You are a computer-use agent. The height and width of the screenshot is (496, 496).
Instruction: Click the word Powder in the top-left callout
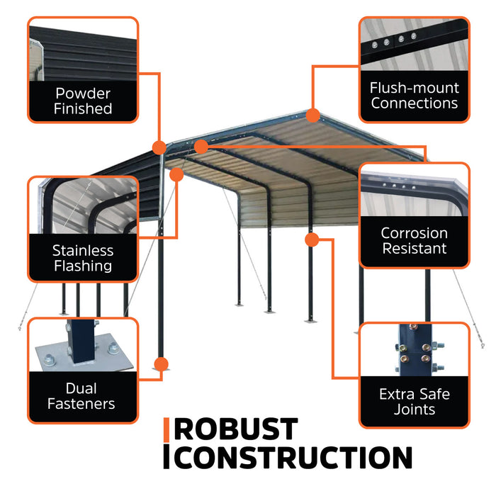pyautogui.click(x=83, y=93)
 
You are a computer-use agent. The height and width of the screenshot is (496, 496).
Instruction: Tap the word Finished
pyautogui.click(x=83, y=108)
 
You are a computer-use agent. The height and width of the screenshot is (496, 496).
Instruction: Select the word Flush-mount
pyautogui.click(x=415, y=88)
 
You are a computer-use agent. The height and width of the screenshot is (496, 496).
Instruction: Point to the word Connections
pyautogui.click(x=415, y=103)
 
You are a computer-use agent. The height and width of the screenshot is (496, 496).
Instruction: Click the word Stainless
pyautogui.click(x=83, y=250)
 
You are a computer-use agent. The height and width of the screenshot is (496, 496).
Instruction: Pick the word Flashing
pyautogui.click(x=83, y=266)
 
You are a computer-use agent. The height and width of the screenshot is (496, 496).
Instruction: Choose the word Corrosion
pyautogui.click(x=415, y=233)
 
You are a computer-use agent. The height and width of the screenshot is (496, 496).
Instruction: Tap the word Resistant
pyautogui.click(x=415, y=249)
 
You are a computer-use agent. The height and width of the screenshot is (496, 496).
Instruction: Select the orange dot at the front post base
pyautogui.click(x=161, y=365)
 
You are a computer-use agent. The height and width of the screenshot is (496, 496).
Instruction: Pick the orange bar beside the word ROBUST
pyautogui.click(x=167, y=429)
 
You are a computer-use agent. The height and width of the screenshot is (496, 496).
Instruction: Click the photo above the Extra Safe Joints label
pyautogui.click(x=415, y=350)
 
